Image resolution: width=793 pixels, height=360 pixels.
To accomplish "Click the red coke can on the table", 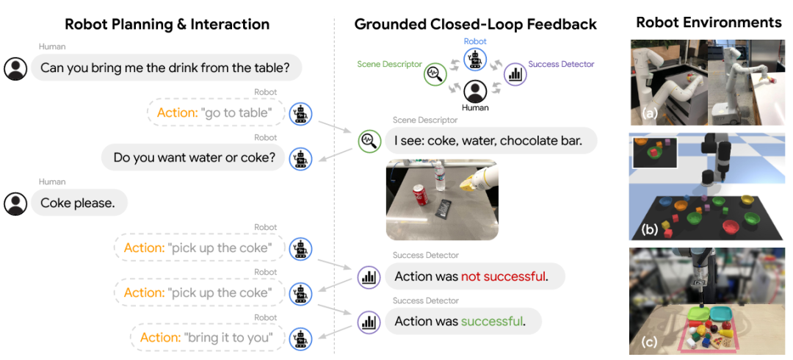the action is pos(421,195).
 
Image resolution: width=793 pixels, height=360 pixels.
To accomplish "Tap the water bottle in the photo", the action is pos(441,178).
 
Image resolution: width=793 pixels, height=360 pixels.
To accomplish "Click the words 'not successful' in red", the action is pos(503,276).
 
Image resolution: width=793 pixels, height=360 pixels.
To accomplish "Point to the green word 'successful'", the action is pos(491,321).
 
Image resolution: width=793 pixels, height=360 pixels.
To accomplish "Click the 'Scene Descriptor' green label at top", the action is pos(389,65).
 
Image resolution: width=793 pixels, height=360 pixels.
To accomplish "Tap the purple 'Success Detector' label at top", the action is pos(561,65).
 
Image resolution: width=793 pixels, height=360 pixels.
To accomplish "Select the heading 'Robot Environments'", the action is pos(709,23).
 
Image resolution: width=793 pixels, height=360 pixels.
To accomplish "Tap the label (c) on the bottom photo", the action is pos(648,342).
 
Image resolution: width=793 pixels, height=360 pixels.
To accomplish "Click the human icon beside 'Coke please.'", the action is pos(15,204).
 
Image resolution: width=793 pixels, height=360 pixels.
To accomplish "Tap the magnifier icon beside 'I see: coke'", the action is pos(369,141).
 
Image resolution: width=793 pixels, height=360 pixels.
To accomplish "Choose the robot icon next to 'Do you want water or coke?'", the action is pos(300,158).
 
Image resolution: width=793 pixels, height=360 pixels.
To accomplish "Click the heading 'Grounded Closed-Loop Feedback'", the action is pos(475,24).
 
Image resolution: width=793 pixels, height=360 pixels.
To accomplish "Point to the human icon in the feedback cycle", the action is pos(475,92).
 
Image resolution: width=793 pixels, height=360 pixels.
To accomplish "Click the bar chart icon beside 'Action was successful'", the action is pos(369,322).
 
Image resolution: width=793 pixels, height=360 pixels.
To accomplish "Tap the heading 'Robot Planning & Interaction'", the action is pos(167,24).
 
